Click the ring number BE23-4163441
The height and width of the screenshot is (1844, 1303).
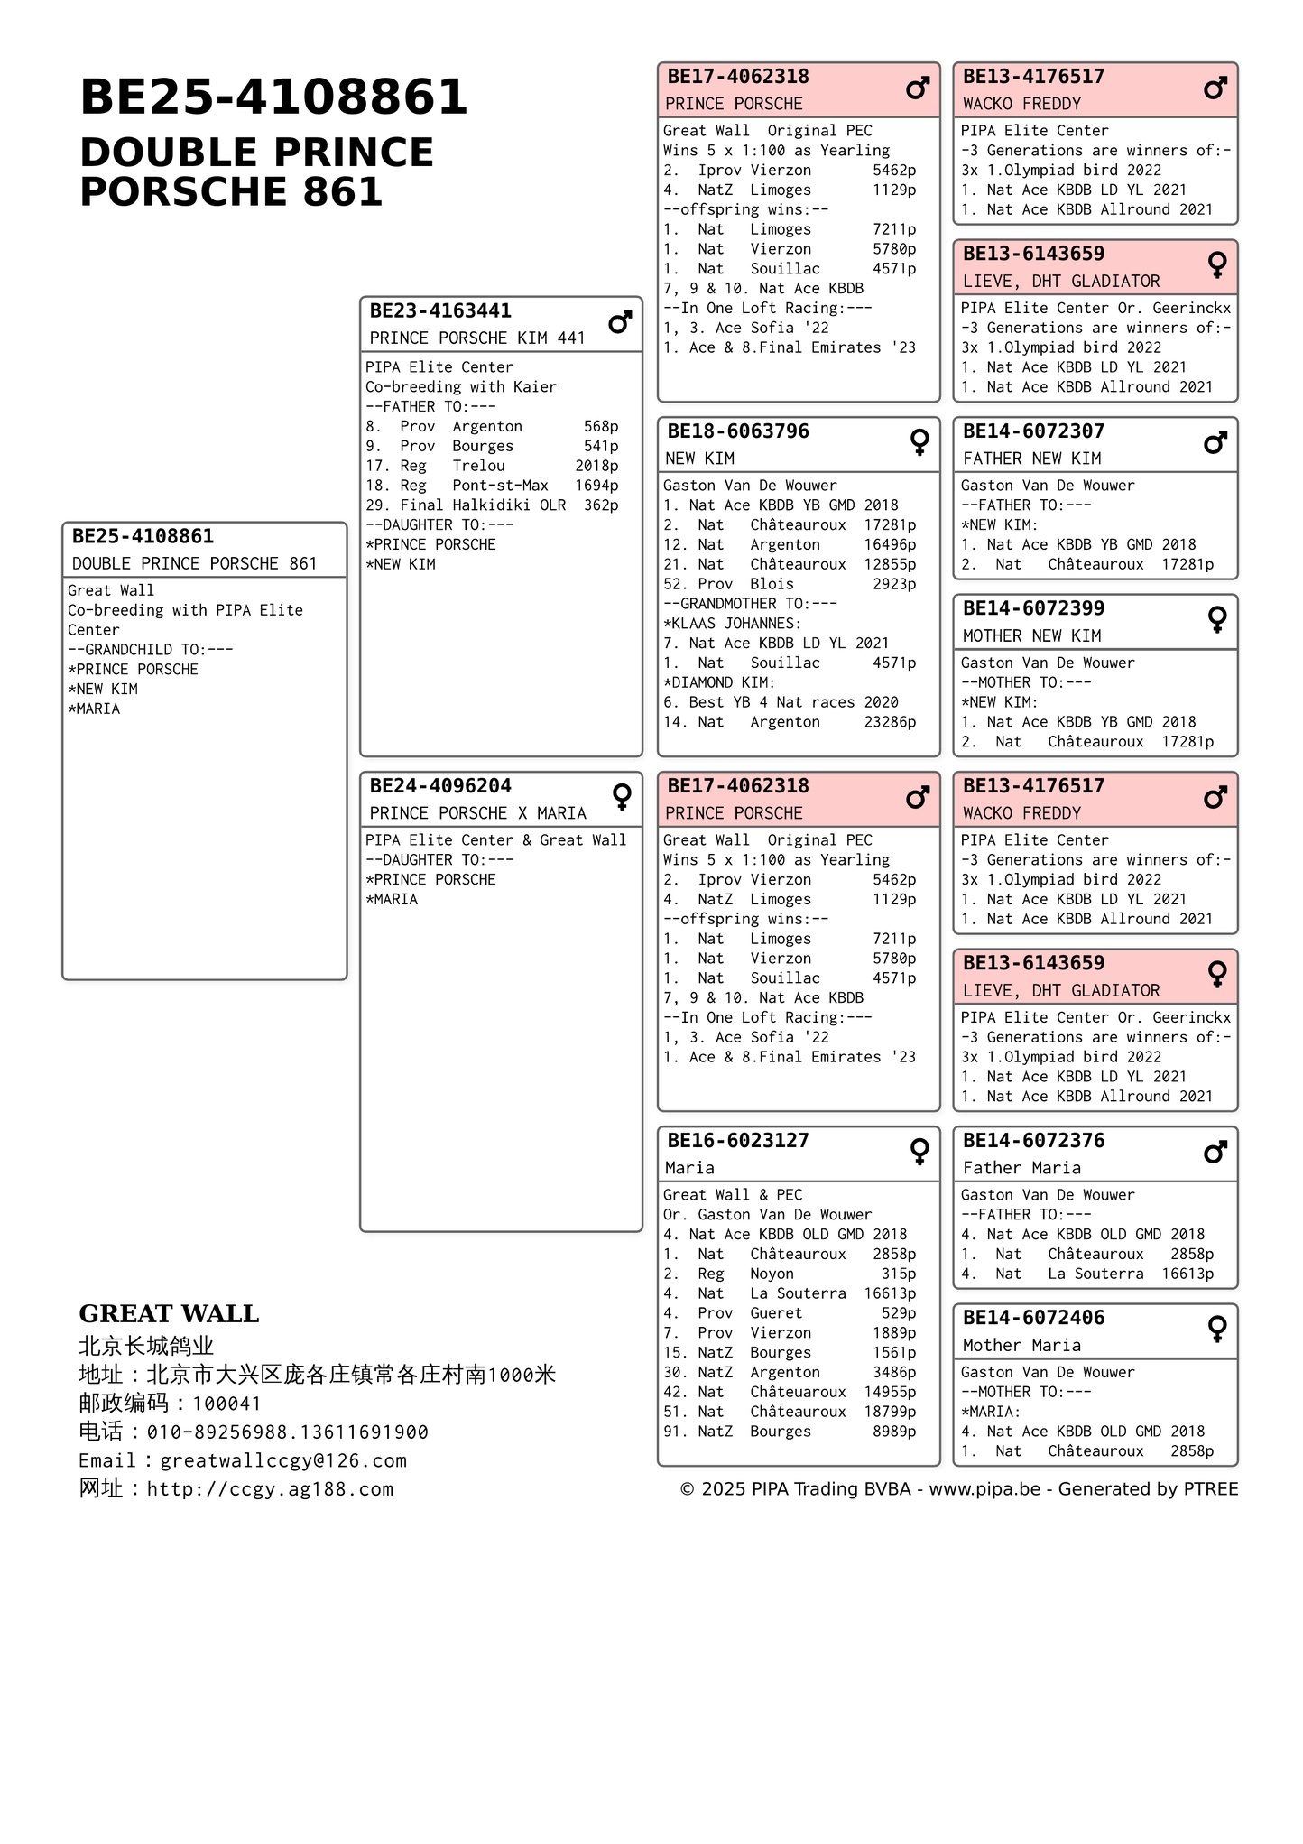tap(440, 311)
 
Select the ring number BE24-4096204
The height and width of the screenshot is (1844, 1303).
tap(440, 786)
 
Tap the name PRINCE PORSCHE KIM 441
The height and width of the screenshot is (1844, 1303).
tap(477, 338)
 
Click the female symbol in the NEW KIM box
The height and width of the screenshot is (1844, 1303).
tap(919, 441)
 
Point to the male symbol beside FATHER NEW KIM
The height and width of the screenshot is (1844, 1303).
tap(1215, 442)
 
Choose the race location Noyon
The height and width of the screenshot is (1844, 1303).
tap(772, 1274)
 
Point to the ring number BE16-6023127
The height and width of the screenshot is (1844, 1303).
tap(738, 1141)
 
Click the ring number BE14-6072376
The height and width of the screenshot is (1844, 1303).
tap(1033, 1141)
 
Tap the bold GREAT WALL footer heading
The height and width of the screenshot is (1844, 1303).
tap(169, 1314)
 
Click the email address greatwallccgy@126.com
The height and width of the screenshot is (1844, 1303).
tap(283, 1460)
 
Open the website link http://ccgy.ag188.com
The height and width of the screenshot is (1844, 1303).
tap(270, 1489)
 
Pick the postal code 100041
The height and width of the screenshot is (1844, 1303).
tap(226, 1404)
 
